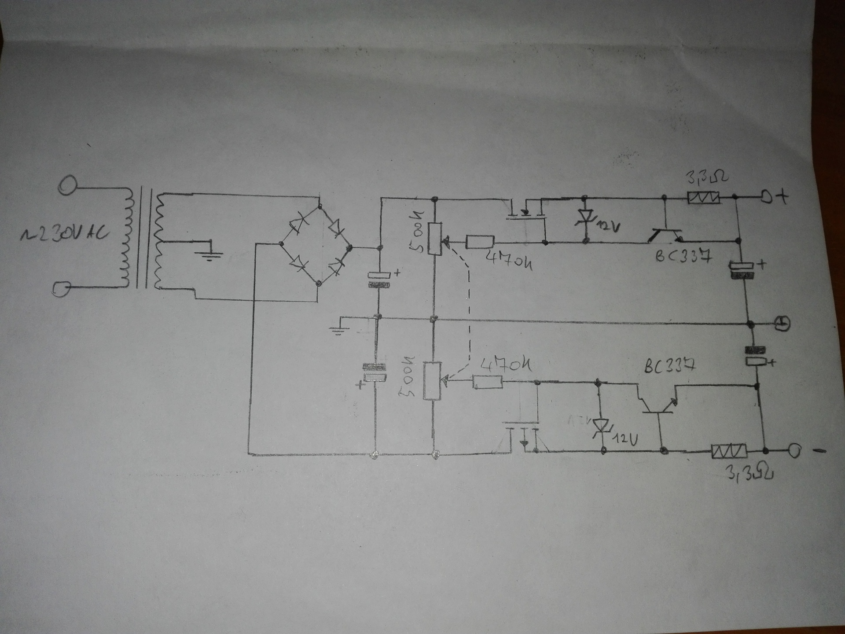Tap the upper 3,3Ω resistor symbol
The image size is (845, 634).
(x=703, y=198)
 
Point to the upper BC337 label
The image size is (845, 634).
(x=683, y=257)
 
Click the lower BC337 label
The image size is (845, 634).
(x=669, y=367)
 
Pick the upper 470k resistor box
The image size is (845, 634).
(x=480, y=242)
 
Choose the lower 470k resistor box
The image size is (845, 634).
(x=488, y=382)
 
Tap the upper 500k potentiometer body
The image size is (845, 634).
(x=435, y=239)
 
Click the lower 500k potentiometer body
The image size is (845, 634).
(x=432, y=380)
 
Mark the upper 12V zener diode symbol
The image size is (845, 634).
(x=585, y=218)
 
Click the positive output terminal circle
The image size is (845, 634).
(x=766, y=199)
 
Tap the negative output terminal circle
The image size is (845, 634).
(x=794, y=451)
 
